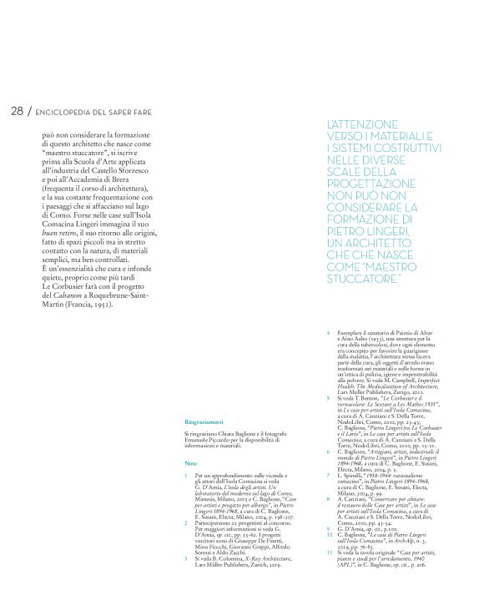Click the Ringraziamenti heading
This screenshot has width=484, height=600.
pos(203,399)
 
